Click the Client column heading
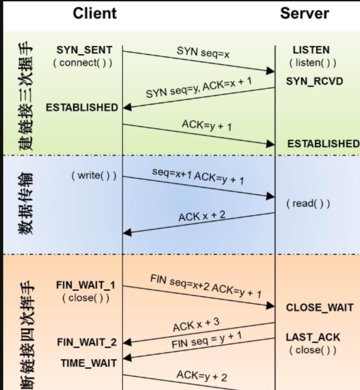coord(94,13)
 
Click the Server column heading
coord(305,13)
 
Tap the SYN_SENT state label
coord(84,50)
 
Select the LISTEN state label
coord(311,50)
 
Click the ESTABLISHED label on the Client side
coord(82,108)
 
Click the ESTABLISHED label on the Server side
coord(323,144)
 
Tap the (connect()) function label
coord(83,64)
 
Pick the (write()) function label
coord(94,175)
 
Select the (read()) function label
coord(308,204)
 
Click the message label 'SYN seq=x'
coord(203,53)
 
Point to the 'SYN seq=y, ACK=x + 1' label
coord(199,87)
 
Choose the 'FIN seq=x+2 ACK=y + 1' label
coord(206,286)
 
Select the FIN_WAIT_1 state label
coord(86,286)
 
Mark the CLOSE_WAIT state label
coord(320,308)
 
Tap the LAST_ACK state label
coord(313,338)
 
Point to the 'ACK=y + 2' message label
coord(201,375)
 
